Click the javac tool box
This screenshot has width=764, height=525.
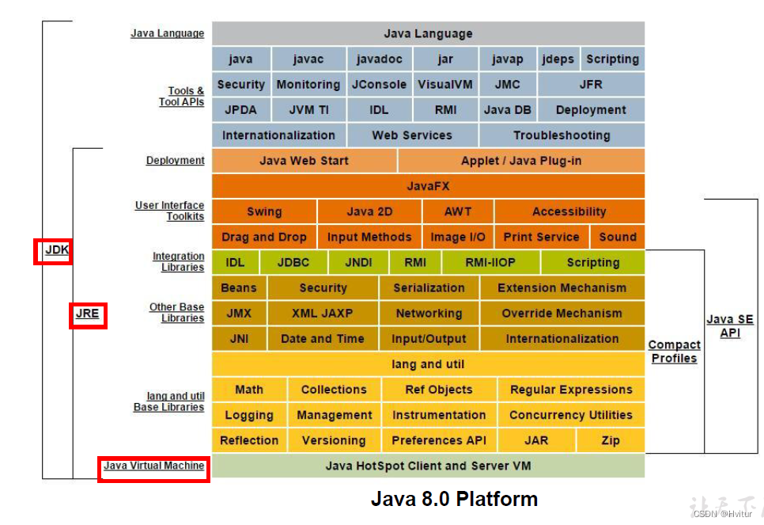pyautogui.click(x=308, y=59)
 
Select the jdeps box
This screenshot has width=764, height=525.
pyautogui.click(x=558, y=59)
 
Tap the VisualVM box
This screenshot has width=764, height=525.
pyautogui.click(x=445, y=85)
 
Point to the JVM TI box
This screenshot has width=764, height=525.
pyautogui.click(x=308, y=110)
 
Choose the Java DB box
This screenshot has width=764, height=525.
pyautogui.click(x=508, y=110)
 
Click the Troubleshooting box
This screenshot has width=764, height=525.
pyautogui.click(x=562, y=135)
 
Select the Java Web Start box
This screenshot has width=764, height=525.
pyautogui.click(x=304, y=161)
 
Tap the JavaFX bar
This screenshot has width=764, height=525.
pyautogui.click(x=428, y=186)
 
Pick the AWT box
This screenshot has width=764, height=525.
pyautogui.click(x=458, y=211)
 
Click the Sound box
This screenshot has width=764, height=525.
pyautogui.click(x=618, y=237)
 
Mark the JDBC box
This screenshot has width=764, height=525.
pyautogui.click(x=293, y=262)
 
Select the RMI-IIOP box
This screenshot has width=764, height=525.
pyautogui.click(x=490, y=262)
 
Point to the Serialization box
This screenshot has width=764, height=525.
pyautogui.click(x=429, y=288)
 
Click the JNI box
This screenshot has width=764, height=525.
pyautogui.click(x=239, y=339)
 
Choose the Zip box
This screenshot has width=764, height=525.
pyautogui.click(x=611, y=440)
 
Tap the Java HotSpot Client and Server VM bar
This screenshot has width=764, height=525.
pyautogui.click(x=428, y=466)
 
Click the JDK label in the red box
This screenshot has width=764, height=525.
pyautogui.click(x=57, y=250)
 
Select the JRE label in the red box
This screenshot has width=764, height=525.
pyautogui.click(x=87, y=314)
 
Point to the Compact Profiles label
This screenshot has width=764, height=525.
pyautogui.click(x=674, y=352)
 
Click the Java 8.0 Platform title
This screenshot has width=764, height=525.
pyautogui.click(x=454, y=500)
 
